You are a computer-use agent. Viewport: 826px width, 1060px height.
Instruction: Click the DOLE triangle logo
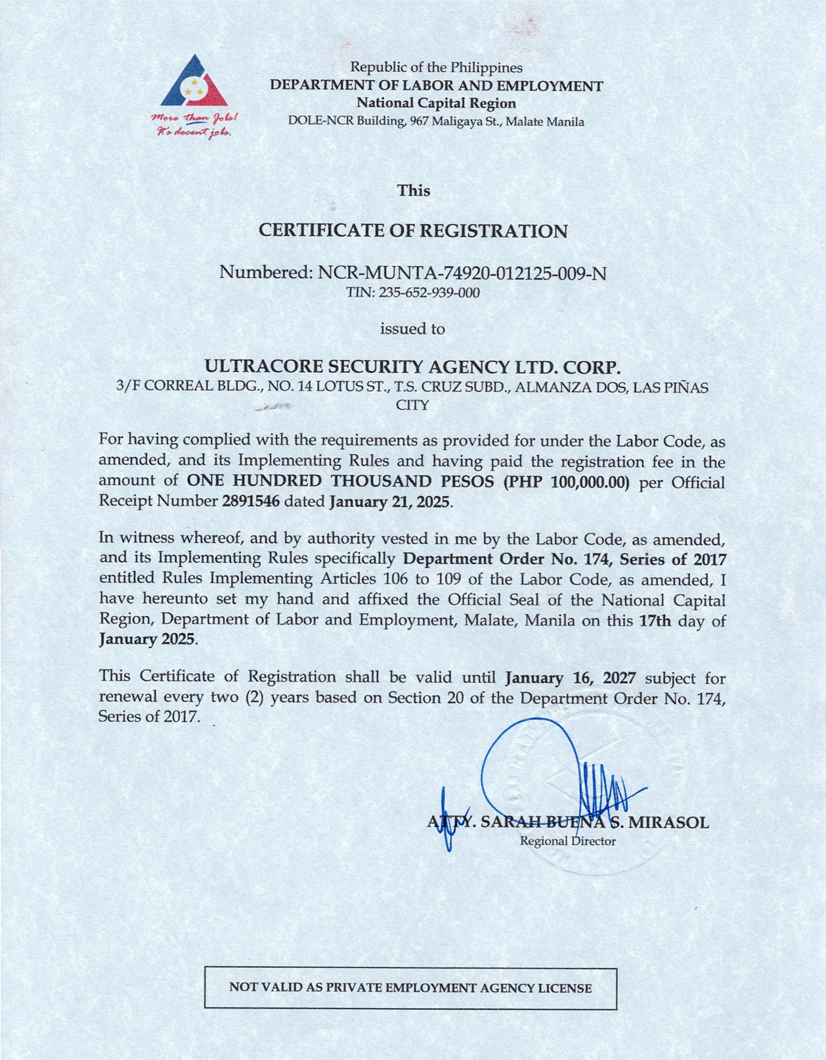coord(194,83)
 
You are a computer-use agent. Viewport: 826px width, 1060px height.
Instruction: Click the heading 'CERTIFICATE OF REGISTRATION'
coord(413,231)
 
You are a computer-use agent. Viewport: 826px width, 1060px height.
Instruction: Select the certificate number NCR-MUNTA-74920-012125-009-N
coord(462,272)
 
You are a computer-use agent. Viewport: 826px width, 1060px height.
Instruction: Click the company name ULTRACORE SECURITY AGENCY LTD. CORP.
coord(412,366)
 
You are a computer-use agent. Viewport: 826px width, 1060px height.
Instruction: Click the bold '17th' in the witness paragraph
coord(655,621)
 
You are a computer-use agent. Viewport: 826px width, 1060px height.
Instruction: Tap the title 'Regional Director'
coord(568,841)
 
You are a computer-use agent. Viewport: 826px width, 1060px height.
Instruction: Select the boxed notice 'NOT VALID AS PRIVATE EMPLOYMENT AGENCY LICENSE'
coord(410,988)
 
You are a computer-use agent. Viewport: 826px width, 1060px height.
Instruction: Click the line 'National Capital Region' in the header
coord(436,103)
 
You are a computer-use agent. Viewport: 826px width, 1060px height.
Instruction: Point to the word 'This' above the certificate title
coord(414,190)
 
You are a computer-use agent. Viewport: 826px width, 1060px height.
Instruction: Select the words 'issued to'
coord(412,328)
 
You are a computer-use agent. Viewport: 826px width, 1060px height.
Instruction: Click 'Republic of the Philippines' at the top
coord(436,67)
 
